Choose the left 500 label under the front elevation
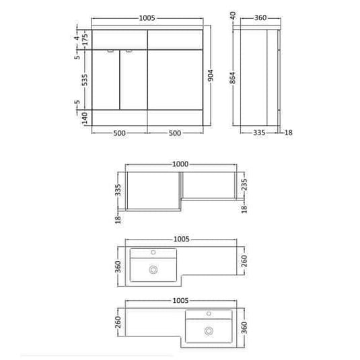click(119, 133)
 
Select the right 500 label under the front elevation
click(174, 133)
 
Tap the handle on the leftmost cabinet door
click(110, 52)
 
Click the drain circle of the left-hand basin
click(154, 269)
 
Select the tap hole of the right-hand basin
click(209, 315)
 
